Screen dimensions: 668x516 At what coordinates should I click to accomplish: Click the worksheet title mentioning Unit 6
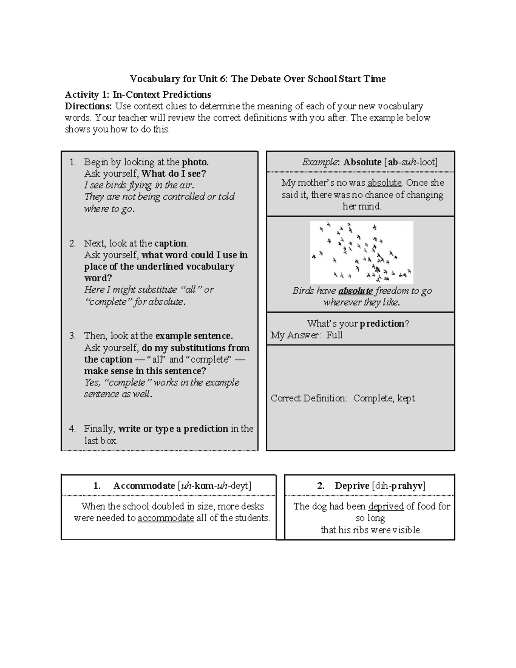pyautogui.click(x=258, y=79)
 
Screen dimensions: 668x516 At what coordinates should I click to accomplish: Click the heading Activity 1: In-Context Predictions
pyautogui.click(x=138, y=95)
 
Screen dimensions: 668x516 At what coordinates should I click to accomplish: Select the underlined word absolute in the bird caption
pyautogui.click(x=356, y=291)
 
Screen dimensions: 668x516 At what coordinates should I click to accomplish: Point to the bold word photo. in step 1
pyautogui.click(x=195, y=162)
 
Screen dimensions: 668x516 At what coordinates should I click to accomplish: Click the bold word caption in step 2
pyautogui.click(x=171, y=243)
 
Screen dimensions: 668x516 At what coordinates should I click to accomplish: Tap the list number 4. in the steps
pyautogui.click(x=72, y=429)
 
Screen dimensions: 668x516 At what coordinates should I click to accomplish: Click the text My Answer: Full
pyautogui.click(x=306, y=336)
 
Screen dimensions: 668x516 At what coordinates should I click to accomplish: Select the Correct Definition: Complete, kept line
pyautogui.click(x=343, y=398)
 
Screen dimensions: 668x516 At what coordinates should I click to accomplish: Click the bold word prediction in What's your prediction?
pyautogui.click(x=382, y=323)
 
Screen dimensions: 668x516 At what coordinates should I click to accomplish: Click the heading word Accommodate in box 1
pyautogui.click(x=144, y=486)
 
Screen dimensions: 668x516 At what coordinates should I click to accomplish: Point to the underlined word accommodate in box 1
pyautogui.click(x=166, y=518)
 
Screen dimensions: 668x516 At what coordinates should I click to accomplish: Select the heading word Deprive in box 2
pyautogui.click(x=352, y=486)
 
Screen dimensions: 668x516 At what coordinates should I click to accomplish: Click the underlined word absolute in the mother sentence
pyautogui.click(x=384, y=183)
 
